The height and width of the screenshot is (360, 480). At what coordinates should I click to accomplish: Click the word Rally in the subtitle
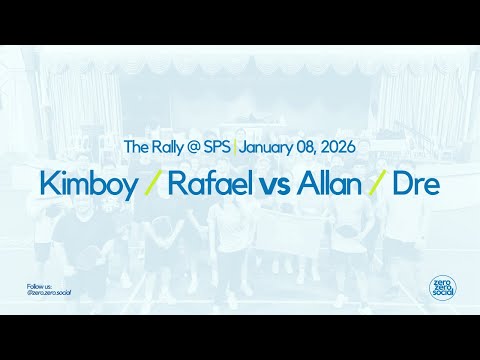point(166,147)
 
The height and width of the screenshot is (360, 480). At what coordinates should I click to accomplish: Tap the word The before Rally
point(135,147)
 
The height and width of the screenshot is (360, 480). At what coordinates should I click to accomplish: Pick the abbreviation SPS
point(217,147)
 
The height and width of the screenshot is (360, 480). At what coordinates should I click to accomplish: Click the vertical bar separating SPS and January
point(234,147)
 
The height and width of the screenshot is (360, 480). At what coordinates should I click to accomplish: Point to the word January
point(269,148)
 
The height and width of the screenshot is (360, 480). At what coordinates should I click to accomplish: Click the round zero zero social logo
point(440,288)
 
